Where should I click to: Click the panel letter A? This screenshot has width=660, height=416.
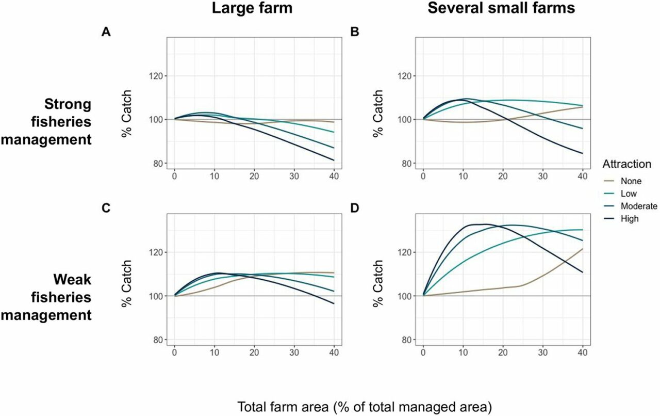pyautogui.click(x=106, y=32)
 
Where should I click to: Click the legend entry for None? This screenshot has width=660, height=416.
pyautogui.click(x=633, y=181)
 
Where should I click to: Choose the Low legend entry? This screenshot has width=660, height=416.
pyautogui.click(x=631, y=194)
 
